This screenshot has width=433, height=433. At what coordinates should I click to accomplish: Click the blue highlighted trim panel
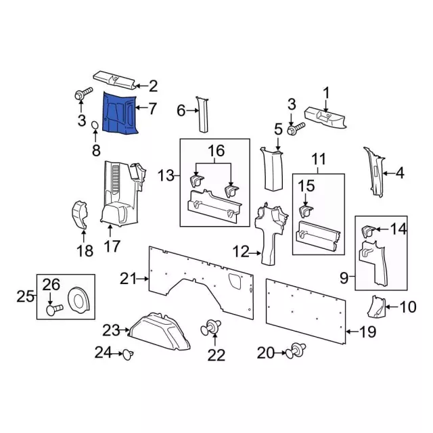119,112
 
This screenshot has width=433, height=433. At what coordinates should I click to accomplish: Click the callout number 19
366,332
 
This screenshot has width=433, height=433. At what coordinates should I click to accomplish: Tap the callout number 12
242,252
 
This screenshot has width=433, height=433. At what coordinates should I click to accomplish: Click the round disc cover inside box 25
80,299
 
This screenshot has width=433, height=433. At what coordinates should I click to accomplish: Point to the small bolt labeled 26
53,310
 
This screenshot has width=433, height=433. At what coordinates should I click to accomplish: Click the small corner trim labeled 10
378,308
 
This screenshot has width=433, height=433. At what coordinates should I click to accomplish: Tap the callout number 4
399,173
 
